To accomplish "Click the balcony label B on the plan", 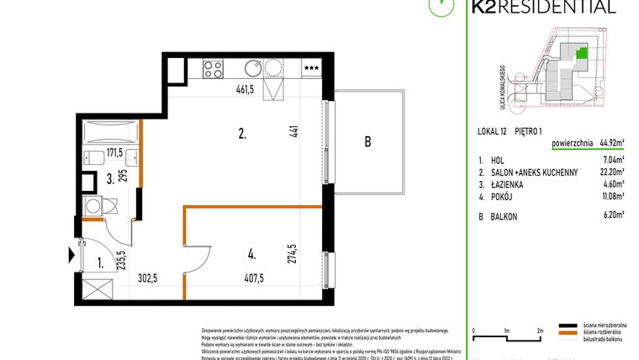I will click(x=367, y=142).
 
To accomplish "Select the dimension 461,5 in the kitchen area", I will click(x=241, y=88).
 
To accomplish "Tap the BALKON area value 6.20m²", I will click(x=613, y=214).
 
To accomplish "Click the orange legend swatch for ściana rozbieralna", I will click(x=571, y=333).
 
